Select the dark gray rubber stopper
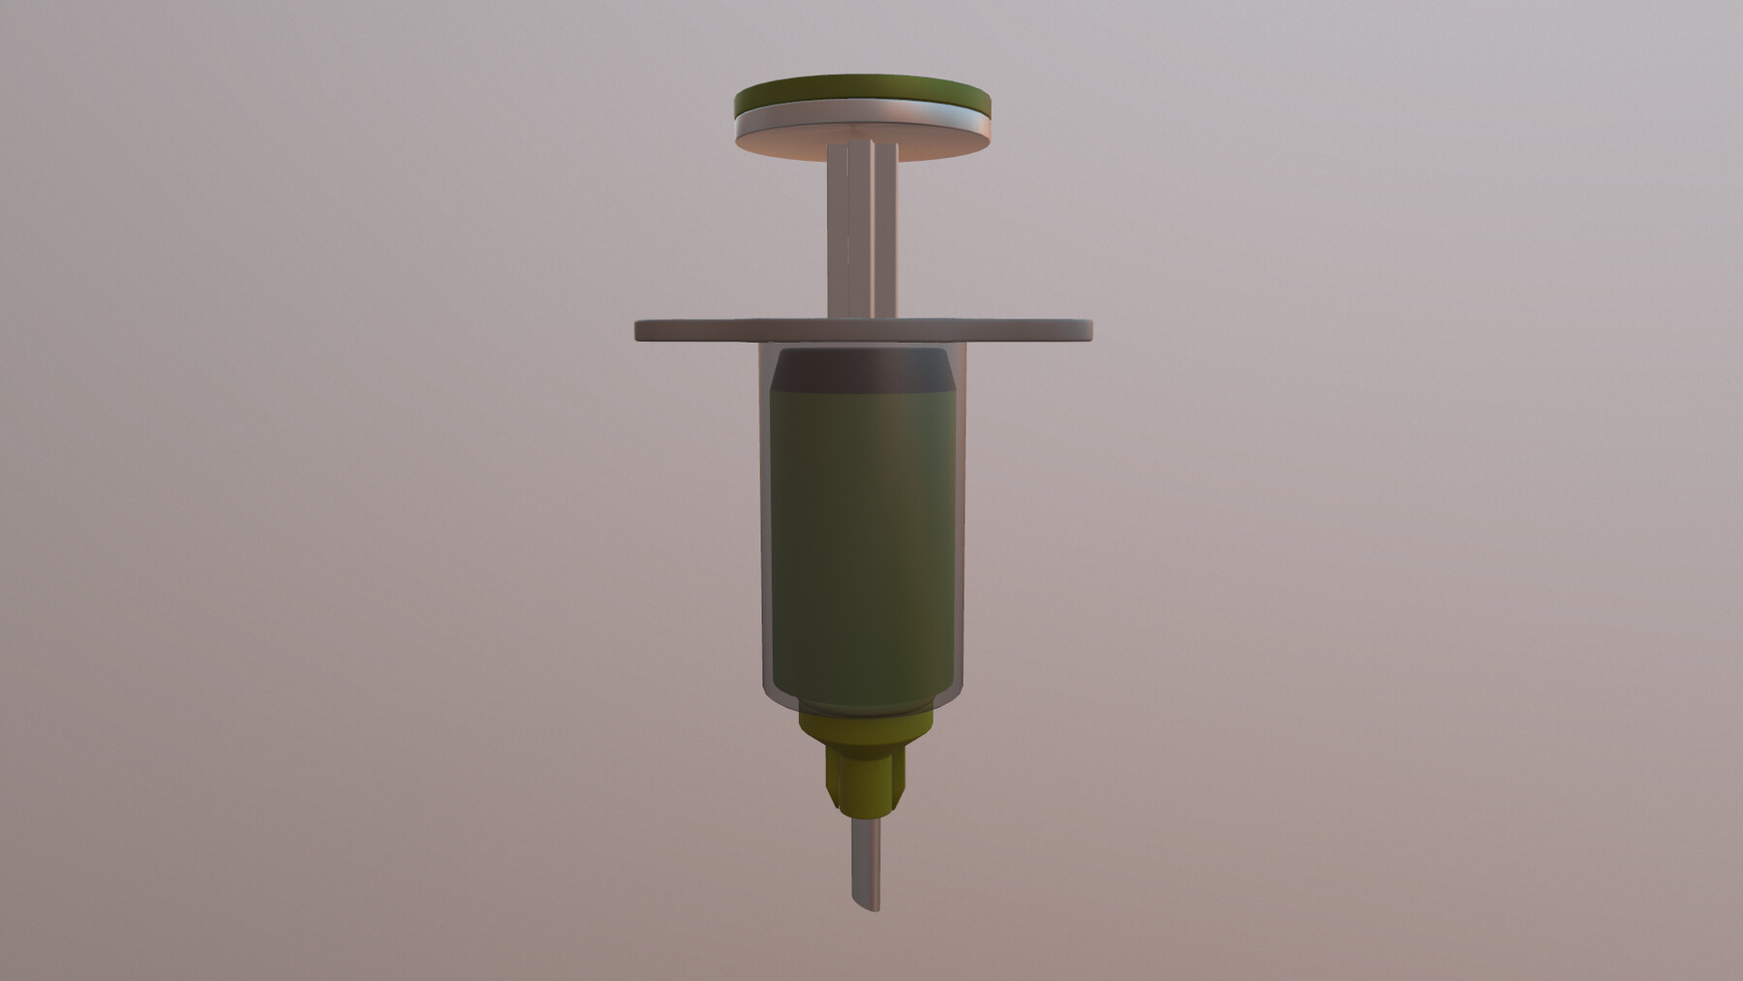862,370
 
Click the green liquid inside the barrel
862,542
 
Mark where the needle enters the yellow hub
865,819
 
